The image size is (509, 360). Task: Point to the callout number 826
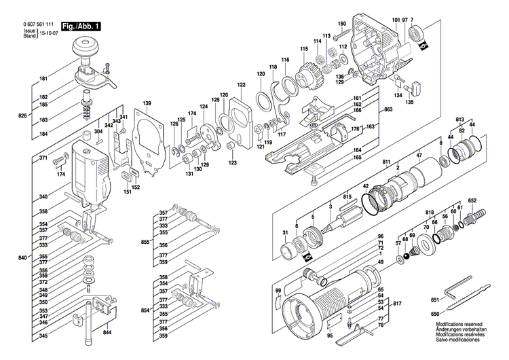point(22,115)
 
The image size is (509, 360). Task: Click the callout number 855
point(145,241)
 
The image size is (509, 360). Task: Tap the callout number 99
point(278,291)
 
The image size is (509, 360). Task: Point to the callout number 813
point(460,118)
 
